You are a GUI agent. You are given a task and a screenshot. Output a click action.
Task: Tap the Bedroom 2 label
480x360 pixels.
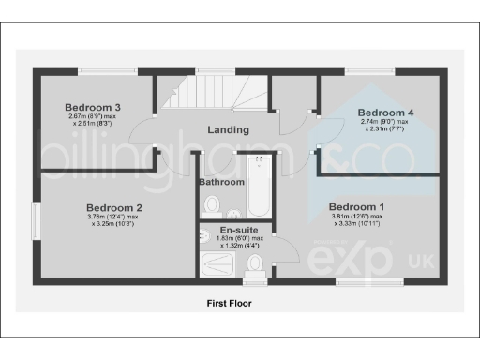pyautogui.click(x=114, y=207)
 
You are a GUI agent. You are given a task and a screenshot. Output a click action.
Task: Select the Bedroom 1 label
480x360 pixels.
pyautogui.click(x=356, y=206)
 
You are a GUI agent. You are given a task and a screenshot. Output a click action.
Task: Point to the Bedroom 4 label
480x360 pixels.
pyautogui.click(x=385, y=112)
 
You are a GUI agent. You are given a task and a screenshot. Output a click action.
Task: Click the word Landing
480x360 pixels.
pyautogui.click(x=229, y=130)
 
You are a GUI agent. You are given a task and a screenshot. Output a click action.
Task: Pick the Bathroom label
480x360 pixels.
pyautogui.click(x=221, y=182)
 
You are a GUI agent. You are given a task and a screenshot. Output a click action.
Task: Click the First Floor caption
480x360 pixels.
pyautogui.click(x=229, y=304)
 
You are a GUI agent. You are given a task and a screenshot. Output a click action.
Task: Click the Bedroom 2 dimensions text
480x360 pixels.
pyautogui.click(x=114, y=221)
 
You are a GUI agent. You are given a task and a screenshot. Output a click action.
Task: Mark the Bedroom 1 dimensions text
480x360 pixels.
pyautogui.click(x=356, y=221)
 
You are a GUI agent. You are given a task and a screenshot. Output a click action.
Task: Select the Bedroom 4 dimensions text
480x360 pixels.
pyautogui.click(x=384, y=126)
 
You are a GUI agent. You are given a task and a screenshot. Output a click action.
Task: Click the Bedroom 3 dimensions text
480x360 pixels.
pyautogui.click(x=91, y=119)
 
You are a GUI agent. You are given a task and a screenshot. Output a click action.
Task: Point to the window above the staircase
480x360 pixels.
pyautogui.click(x=209, y=70)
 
